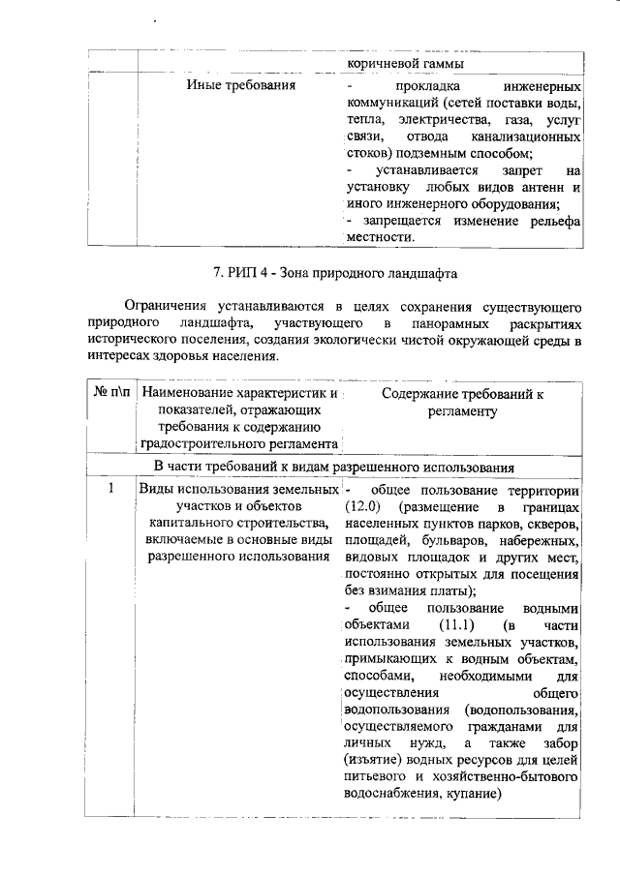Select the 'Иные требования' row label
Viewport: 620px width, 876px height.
click(240, 86)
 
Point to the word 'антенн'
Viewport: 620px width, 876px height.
click(542, 187)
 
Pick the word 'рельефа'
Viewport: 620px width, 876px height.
click(553, 221)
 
